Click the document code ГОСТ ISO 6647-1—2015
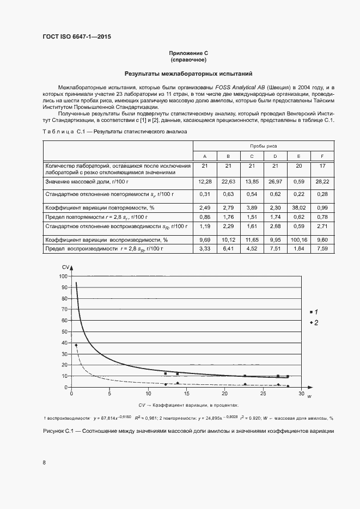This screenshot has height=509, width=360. [80, 37]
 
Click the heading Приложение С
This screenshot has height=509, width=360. [188, 53]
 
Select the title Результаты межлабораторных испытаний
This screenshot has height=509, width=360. [188, 73]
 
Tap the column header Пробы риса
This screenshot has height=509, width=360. [263, 146]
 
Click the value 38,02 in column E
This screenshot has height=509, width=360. [298, 208]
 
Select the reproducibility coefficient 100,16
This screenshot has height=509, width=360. [298, 239]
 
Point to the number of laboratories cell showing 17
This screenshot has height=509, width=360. [323, 165]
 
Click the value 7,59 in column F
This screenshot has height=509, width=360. [323, 249]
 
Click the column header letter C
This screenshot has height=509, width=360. [252, 156]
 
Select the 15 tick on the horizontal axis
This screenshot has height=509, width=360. [186, 394]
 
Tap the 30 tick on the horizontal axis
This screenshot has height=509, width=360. [302, 394]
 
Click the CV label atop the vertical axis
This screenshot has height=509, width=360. [65, 267]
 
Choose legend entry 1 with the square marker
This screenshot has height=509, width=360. [313, 311]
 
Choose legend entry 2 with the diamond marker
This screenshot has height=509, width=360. [313, 323]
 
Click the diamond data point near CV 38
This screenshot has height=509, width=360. [76, 345]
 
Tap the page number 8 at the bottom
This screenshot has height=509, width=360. [44, 463]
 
